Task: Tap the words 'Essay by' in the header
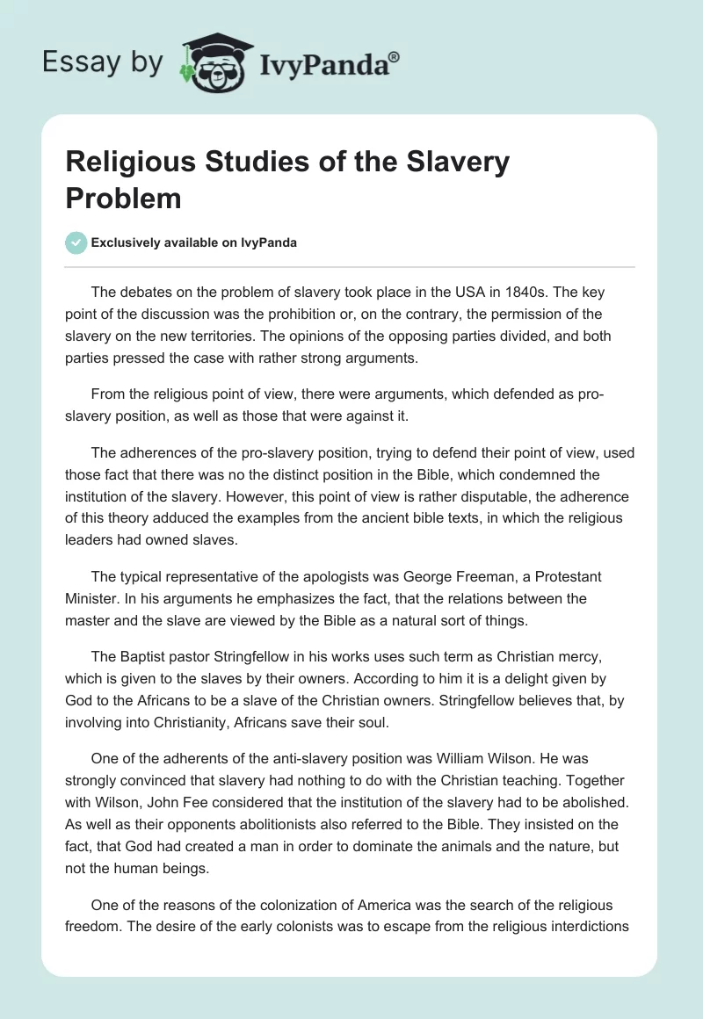click(102, 62)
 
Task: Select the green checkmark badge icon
click(76, 242)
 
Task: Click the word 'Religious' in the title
click(132, 163)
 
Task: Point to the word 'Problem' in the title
click(123, 199)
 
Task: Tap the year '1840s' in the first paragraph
click(524, 291)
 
